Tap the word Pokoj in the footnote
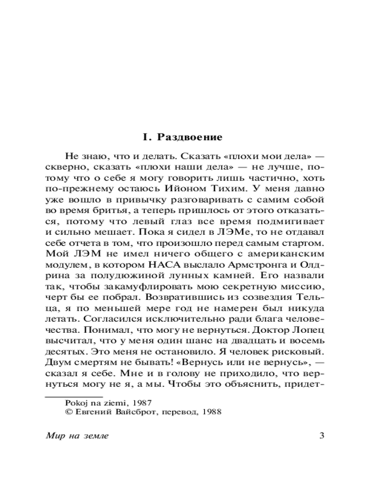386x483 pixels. pyautogui.click(x=76, y=402)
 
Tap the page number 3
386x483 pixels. pyautogui.click(x=322, y=436)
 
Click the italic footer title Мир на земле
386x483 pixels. pyautogui.click(x=77, y=436)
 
